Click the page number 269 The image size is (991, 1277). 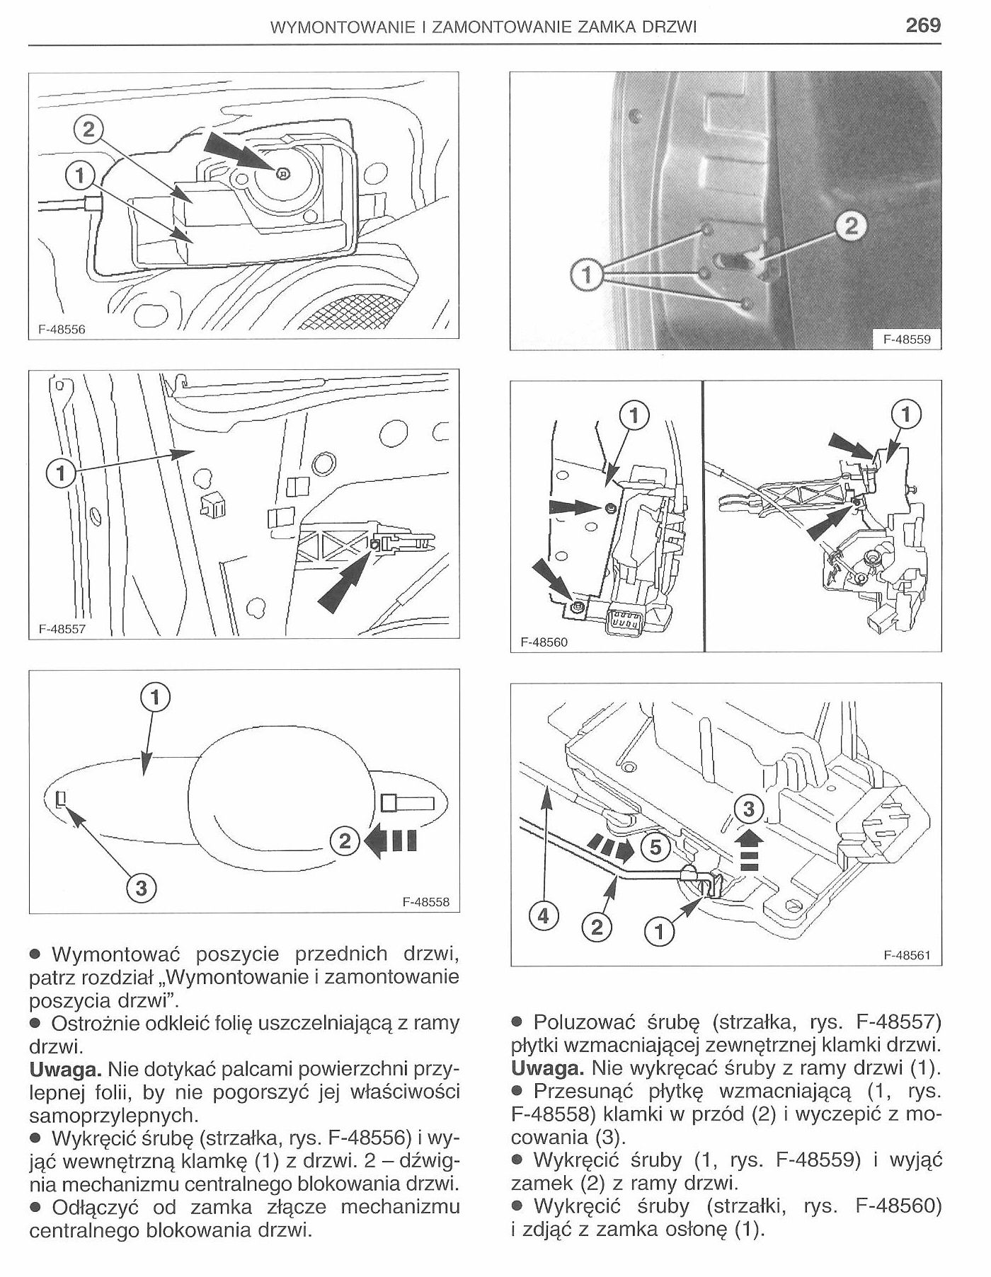[x=922, y=25]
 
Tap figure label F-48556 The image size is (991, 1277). [x=61, y=330]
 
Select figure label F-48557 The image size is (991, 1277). [x=61, y=628]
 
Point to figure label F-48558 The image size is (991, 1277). [x=425, y=902]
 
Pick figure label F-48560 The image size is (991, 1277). [x=544, y=642]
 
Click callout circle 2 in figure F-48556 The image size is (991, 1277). [x=88, y=129]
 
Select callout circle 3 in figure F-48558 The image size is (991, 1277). [x=141, y=886]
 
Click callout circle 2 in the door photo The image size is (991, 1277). [x=851, y=226]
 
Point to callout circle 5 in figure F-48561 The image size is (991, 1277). [x=655, y=846]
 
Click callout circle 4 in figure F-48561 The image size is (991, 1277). [x=543, y=916]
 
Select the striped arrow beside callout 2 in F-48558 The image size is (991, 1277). [x=391, y=841]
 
